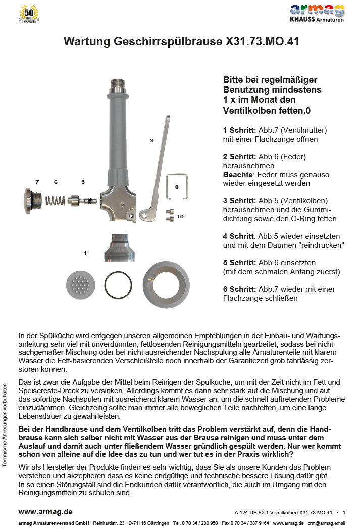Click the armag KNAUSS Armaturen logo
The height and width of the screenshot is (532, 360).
(317, 13)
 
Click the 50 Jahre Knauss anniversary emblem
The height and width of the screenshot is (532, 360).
(29, 14)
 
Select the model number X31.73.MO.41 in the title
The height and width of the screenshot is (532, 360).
(262, 42)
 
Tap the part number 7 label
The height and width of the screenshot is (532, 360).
(37, 181)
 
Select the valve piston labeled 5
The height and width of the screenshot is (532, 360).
(82, 200)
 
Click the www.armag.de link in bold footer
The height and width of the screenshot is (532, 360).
(45, 512)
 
